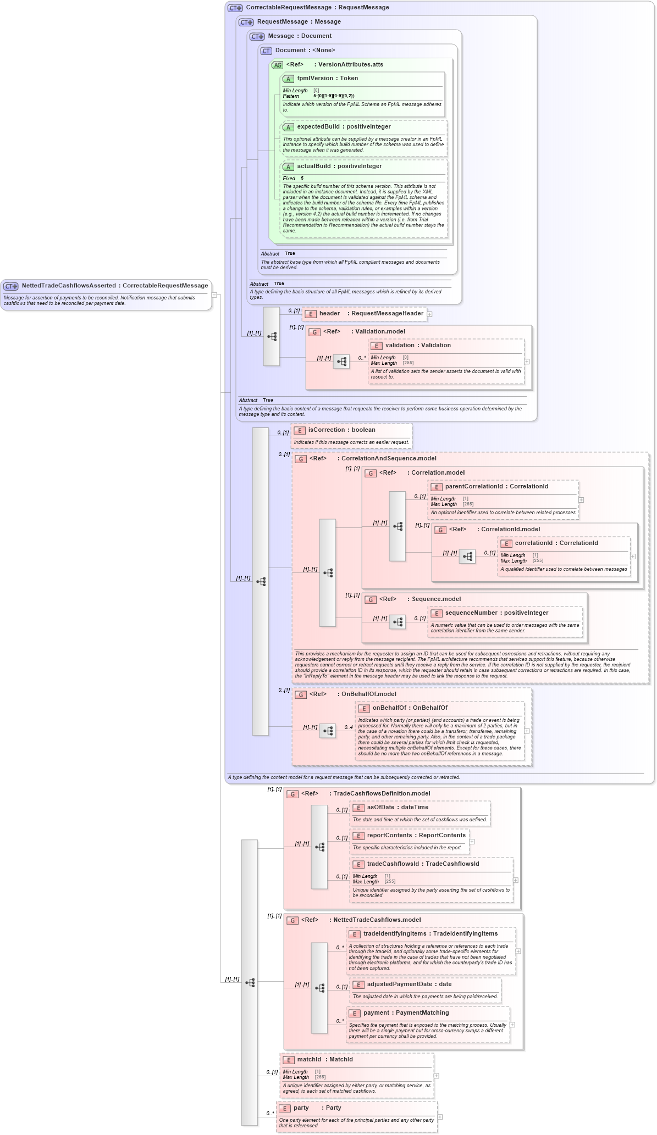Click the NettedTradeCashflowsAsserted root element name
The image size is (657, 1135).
click(68, 286)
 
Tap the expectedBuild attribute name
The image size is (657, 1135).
click(318, 127)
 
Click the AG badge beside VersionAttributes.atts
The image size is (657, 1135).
click(278, 65)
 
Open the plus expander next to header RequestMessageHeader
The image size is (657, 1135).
click(430, 314)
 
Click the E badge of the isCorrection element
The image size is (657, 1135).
click(300, 431)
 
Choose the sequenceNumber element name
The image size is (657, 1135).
click(471, 613)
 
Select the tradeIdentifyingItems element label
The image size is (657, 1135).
click(395, 934)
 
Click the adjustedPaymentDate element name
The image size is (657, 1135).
click(399, 984)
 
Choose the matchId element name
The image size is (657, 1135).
click(309, 1060)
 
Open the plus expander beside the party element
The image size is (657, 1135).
click(440, 1117)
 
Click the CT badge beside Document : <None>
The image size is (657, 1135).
click(266, 51)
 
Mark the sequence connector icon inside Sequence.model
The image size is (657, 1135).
click(397, 622)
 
